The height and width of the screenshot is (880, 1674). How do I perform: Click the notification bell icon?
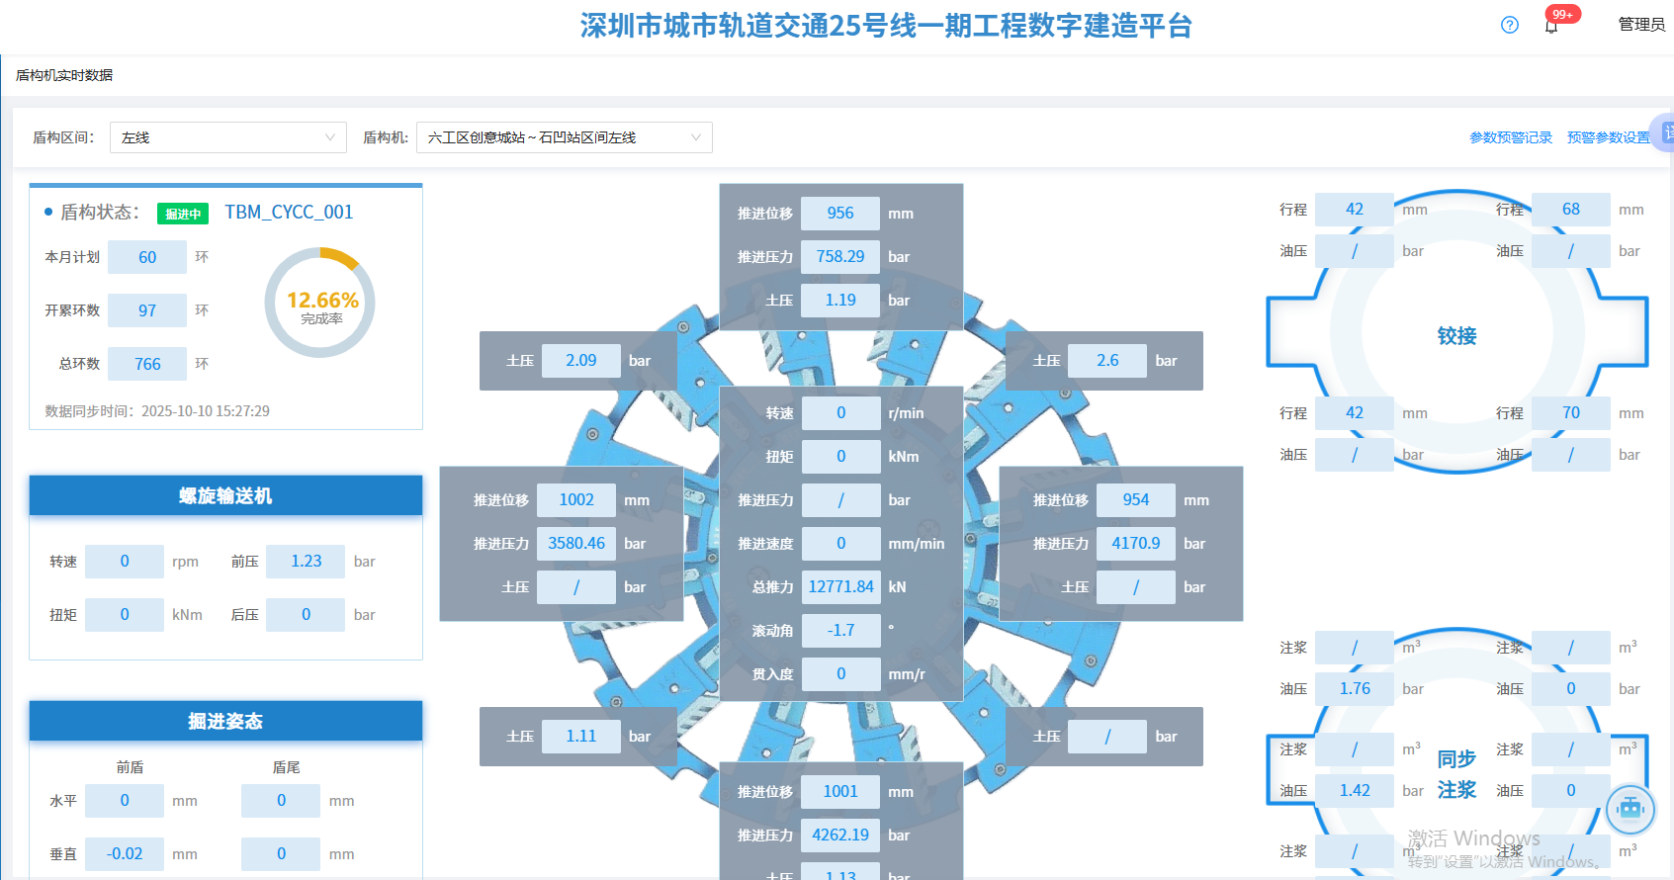coord(1551,26)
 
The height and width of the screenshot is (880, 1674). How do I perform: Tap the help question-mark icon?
coord(1509,25)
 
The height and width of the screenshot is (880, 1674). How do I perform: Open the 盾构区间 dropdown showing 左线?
coord(227,137)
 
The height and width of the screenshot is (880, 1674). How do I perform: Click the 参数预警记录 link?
coord(1510,137)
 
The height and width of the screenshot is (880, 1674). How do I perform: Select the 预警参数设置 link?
coord(1608,137)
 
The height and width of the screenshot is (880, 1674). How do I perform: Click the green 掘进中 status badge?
coord(183,214)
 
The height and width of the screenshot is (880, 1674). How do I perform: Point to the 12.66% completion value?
coord(322,300)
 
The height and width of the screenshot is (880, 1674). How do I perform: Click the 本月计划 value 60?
coord(147,257)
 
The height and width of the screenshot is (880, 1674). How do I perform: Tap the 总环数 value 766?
coord(147,364)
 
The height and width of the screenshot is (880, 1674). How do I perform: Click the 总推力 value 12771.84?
coord(840,586)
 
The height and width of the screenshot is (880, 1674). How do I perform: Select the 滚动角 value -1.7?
coord(840,630)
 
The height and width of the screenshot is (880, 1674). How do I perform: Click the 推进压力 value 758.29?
coord(839,256)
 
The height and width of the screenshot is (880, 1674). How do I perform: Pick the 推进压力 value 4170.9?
coord(1135,543)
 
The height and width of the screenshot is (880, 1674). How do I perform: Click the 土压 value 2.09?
coord(580,360)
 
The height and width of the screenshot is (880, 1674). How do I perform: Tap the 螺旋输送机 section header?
coord(225,495)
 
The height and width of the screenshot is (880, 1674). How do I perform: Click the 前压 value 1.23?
coord(306,561)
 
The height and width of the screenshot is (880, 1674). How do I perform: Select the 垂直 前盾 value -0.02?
coord(125,853)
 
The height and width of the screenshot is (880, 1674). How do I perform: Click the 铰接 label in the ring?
coord(1456,336)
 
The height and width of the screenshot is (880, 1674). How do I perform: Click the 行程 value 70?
coord(1570,412)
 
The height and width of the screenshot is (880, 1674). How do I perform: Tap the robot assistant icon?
coord(1630,809)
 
